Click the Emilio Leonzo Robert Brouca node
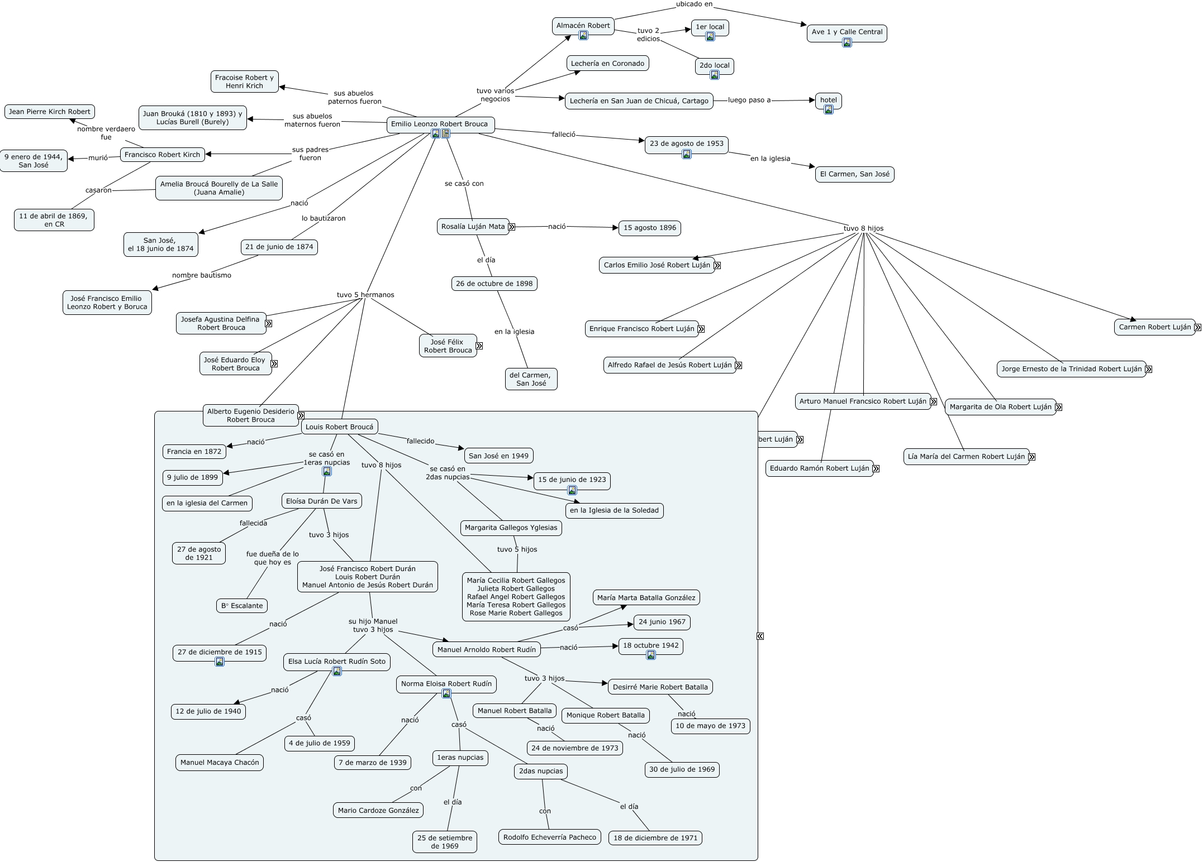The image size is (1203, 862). [x=440, y=125]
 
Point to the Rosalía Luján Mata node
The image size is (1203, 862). [x=473, y=227]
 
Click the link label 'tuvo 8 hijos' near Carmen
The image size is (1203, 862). [x=863, y=228]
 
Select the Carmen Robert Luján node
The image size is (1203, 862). [x=1155, y=327]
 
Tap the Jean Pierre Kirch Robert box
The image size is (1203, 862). [x=50, y=112]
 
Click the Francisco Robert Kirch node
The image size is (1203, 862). [x=162, y=155]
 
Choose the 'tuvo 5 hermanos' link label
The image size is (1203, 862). [x=365, y=295]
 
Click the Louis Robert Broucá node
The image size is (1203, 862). [x=340, y=427]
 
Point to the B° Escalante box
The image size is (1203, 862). [x=242, y=606]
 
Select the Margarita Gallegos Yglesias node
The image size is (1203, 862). [x=511, y=528]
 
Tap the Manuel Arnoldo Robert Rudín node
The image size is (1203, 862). [x=487, y=649]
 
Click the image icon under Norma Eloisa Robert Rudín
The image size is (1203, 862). [x=446, y=693]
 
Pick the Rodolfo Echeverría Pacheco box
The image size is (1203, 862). [x=550, y=837]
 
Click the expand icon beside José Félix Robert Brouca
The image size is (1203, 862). [x=479, y=346]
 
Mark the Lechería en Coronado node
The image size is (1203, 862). [x=607, y=64]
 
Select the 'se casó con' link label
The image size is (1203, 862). [x=464, y=184]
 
